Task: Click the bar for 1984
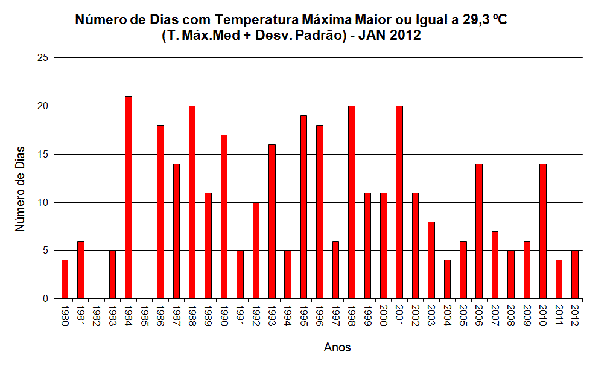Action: (x=129, y=197)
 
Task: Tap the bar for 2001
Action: (x=399, y=202)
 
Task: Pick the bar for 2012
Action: (x=574, y=275)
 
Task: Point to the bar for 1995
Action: (x=303, y=207)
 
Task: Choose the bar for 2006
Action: (x=479, y=231)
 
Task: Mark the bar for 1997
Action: (x=335, y=270)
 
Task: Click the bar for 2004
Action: (x=447, y=279)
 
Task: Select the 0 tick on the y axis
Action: (x=46, y=299)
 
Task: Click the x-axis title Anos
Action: (x=337, y=347)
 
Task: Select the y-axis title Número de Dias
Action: (x=21, y=189)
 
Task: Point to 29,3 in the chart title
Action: (x=475, y=20)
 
